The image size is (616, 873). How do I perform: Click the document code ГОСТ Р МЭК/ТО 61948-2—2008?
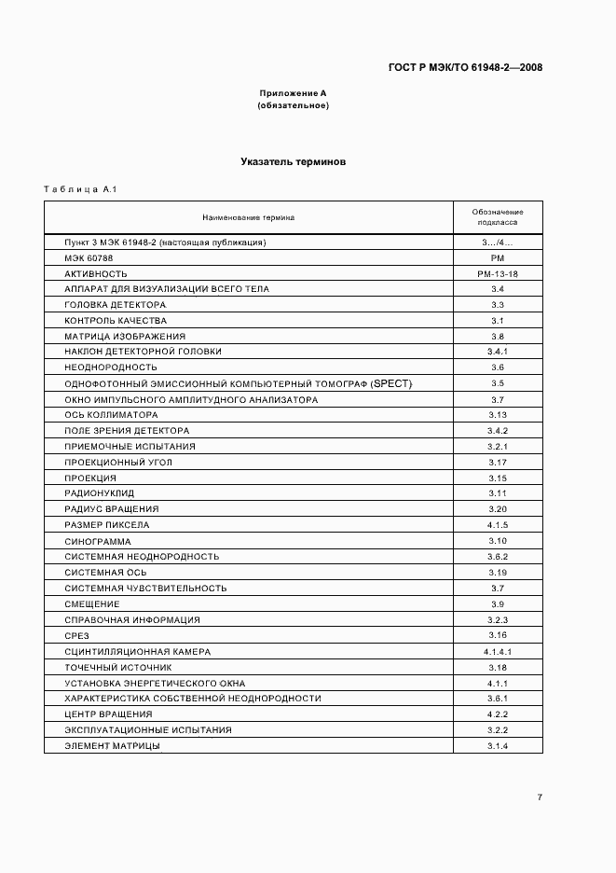(x=465, y=67)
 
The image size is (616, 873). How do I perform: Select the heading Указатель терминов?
(x=293, y=161)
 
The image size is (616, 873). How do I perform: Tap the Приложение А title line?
(x=293, y=94)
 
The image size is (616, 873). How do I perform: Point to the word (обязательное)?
(x=293, y=105)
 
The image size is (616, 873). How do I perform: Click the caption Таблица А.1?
(x=79, y=190)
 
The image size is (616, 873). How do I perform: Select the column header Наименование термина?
(x=248, y=217)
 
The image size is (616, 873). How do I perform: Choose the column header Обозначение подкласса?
(x=497, y=217)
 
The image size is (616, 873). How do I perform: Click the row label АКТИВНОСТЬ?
(x=96, y=273)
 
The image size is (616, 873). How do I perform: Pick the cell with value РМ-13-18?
(x=497, y=273)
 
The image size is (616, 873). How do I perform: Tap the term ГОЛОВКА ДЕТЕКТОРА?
(x=116, y=305)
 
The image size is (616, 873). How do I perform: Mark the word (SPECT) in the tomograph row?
(x=391, y=383)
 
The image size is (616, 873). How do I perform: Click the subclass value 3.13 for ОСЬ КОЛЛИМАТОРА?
(x=497, y=415)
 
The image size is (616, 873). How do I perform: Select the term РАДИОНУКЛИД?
(x=100, y=493)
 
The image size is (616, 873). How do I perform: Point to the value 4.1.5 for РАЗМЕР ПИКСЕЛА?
(x=497, y=525)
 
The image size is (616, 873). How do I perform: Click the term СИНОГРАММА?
(x=98, y=541)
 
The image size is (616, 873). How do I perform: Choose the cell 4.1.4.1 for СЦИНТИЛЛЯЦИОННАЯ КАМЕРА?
(x=497, y=651)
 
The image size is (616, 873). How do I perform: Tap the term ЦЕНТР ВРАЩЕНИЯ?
(x=108, y=714)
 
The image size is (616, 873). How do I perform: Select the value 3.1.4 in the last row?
(x=497, y=746)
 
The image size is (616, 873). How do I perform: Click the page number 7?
(x=539, y=797)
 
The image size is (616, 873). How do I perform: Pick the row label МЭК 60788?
(x=88, y=257)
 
